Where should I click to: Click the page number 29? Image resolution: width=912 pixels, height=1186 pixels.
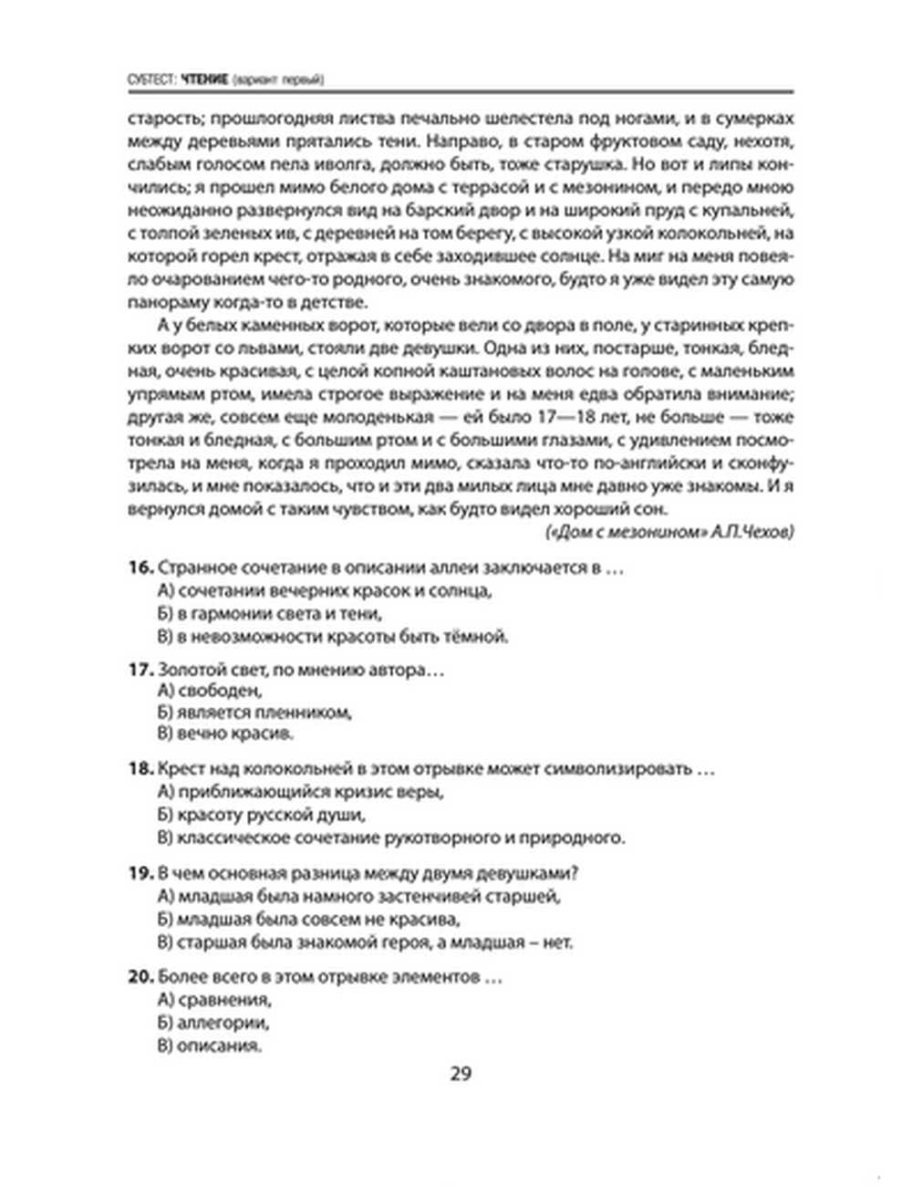pos(460,1074)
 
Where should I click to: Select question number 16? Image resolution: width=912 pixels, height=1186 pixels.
pos(139,567)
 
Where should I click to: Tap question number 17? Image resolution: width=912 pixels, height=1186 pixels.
pos(139,670)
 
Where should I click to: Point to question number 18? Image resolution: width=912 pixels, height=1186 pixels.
pos(139,769)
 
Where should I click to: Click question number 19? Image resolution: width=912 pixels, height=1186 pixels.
pos(139,873)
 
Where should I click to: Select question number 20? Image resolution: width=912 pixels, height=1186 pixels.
pos(139,977)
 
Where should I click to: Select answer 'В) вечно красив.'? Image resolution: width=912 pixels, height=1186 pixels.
pos(225,733)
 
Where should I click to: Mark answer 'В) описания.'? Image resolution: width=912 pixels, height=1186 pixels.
pos(210,1046)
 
